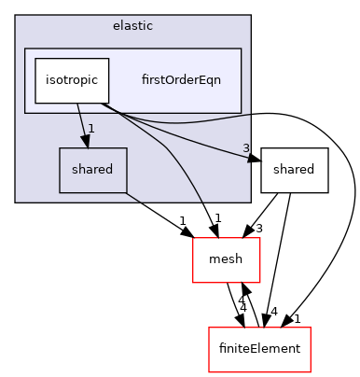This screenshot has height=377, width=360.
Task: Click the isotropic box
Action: [72, 80]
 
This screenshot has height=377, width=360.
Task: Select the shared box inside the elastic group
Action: [92, 170]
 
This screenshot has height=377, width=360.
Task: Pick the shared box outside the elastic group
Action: [294, 170]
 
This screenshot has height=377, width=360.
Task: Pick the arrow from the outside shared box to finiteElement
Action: [284, 261]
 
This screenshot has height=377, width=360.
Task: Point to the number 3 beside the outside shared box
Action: [246, 148]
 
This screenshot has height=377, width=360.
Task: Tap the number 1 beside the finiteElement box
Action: [298, 318]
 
